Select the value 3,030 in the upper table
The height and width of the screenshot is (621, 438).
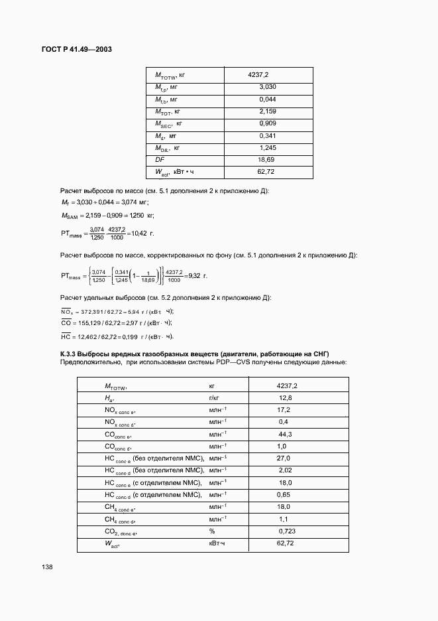(x=268, y=87)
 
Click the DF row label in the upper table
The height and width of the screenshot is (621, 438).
(x=160, y=160)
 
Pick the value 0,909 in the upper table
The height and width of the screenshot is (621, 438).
(x=268, y=123)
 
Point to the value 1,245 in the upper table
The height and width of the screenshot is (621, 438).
(x=268, y=147)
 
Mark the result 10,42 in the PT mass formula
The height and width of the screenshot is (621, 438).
(x=142, y=233)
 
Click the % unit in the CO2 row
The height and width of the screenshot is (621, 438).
(x=212, y=531)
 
